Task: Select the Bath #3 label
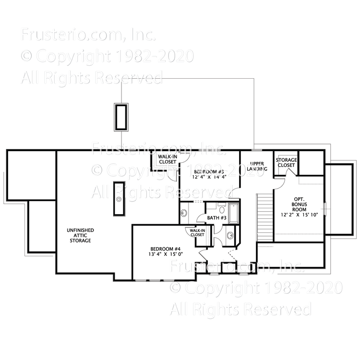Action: click(217, 218)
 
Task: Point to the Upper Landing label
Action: click(257, 166)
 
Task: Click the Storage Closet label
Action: click(286, 162)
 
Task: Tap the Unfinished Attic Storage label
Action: click(80, 235)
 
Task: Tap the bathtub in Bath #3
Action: click(234, 214)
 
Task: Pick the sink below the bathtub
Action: click(230, 236)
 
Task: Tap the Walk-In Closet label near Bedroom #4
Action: click(197, 233)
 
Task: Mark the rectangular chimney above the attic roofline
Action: click(120, 117)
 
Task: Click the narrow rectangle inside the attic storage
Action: click(119, 199)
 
